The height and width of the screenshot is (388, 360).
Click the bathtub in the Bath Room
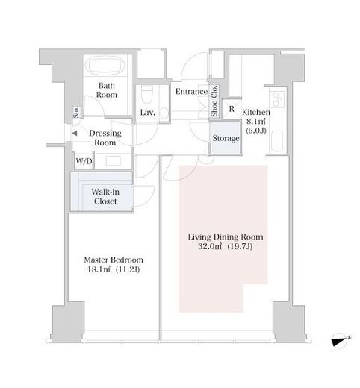[105, 65]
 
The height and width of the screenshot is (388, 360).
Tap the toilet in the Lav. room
[146, 95]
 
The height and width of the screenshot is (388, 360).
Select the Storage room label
[226, 138]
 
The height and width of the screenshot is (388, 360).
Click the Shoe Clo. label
[214, 101]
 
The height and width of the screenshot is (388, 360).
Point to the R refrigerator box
[232, 109]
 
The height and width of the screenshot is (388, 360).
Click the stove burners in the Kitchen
[277, 100]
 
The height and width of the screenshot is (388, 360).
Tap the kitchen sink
[276, 141]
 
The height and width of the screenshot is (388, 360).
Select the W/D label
[84, 161]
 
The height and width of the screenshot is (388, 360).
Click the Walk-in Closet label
[105, 196]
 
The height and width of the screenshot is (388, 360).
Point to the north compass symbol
[341, 340]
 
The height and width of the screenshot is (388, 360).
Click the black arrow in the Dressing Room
[75, 134]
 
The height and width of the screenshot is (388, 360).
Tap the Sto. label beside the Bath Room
[76, 113]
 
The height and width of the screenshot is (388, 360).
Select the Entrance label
[191, 92]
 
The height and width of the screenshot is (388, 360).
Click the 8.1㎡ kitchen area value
[256, 122]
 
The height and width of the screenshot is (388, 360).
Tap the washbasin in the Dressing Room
[114, 161]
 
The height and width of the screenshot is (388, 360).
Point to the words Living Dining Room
[226, 237]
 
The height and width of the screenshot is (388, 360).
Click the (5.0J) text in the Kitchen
[256, 131]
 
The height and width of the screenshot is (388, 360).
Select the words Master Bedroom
[114, 260]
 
